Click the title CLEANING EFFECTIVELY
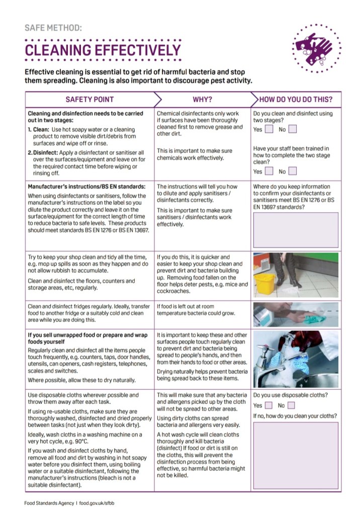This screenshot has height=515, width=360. click(103, 50)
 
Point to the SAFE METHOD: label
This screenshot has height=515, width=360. click(53, 28)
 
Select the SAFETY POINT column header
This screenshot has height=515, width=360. click(89, 99)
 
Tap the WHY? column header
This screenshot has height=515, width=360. click(202, 99)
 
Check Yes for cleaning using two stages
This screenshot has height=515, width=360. click(269, 129)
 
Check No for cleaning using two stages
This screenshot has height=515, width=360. click(293, 129)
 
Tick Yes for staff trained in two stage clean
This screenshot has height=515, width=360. click(269, 171)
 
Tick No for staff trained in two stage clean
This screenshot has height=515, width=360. click(293, 171)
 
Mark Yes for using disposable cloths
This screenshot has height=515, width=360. click(269, 405)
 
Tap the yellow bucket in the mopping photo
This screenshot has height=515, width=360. click(264, 283)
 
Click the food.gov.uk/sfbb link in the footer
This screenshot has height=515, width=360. click(100, 502)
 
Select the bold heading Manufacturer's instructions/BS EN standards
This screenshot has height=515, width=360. click(86, 187)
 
